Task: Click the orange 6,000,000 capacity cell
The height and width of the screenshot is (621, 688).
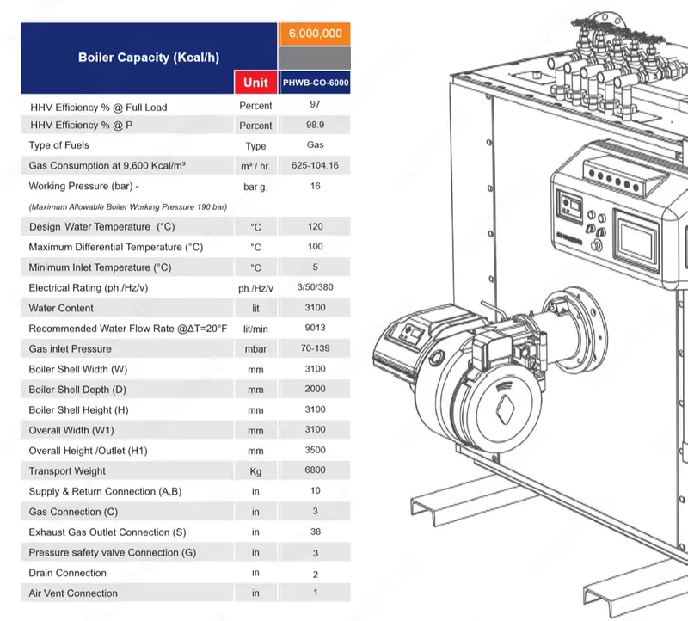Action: [x=315, y=34]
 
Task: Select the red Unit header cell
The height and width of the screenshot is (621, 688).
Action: [x=255, y=83]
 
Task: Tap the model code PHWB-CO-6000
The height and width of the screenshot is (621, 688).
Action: [x=315, y=83]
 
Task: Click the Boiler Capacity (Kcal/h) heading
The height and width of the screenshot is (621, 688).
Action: [x=148, y=58]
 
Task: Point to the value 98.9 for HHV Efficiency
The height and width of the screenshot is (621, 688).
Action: [x=315, y=125]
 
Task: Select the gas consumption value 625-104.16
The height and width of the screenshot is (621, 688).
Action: [x=315, y=165]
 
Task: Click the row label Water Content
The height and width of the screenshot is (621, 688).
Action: [x=56, y=308]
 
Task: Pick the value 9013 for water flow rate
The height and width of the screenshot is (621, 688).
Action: [x=315, y=328]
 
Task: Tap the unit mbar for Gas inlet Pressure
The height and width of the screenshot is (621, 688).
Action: [x=255, y=349]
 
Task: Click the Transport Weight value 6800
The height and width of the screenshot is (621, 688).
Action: [x=315, y=470]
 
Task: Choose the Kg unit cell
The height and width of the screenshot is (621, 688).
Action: [x=255, y=471]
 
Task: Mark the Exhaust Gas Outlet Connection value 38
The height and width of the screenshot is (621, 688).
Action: [x=315, y=532]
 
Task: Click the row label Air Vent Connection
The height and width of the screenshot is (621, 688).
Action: [x=73, y=593]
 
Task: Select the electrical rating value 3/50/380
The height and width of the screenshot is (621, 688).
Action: [x=315, y=287]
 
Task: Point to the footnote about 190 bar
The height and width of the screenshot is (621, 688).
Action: [x=127, y=207]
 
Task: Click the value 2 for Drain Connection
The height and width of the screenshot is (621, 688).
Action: [x=315, y=573]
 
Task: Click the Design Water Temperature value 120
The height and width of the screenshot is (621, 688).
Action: [x=315, y=226]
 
